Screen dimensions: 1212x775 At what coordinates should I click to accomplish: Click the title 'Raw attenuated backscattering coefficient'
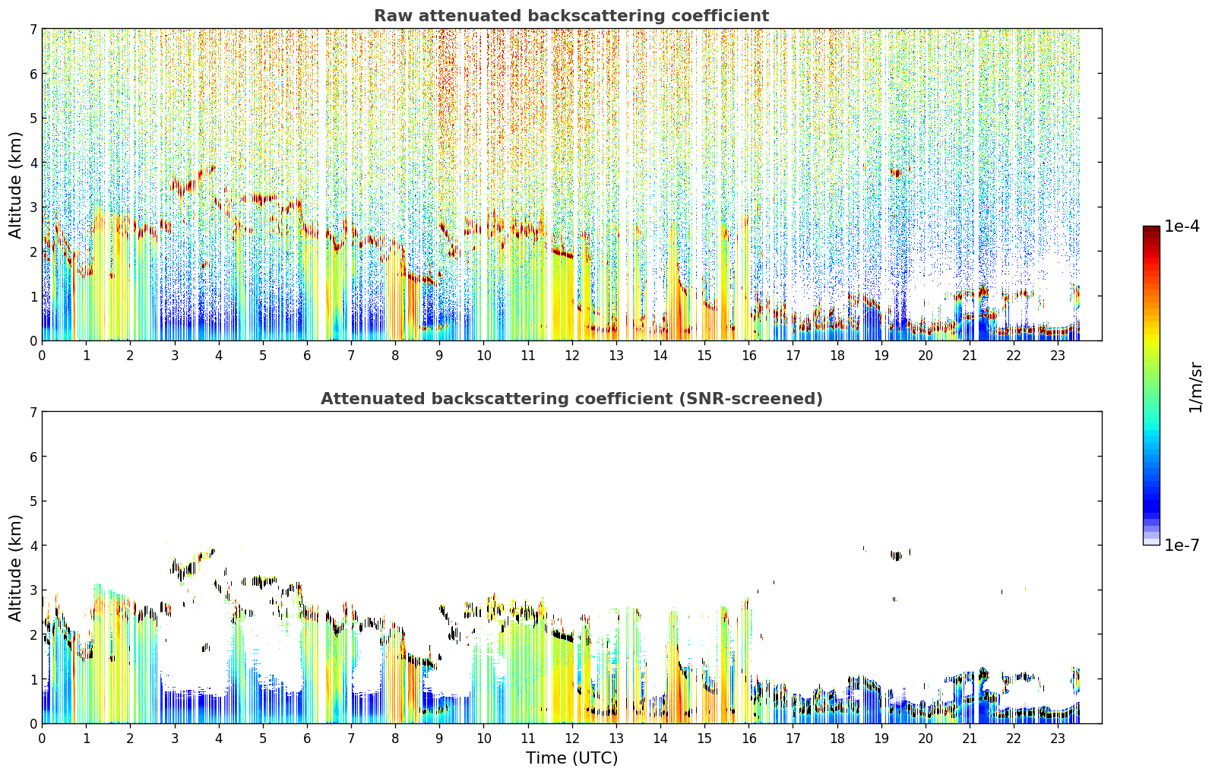coord(571,16)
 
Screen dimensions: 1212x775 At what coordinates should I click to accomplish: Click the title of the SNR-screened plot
coord(571,399)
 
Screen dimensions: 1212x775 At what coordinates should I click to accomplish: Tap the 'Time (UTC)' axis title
coord(571,758)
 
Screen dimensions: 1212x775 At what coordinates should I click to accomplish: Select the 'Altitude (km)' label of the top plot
coord(15,185)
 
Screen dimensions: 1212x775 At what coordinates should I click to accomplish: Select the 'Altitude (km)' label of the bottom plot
coord(15,568)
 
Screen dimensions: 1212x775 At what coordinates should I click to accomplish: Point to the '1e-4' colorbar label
coord(1182,226)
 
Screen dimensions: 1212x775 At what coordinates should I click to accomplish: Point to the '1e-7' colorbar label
coord(1182,545)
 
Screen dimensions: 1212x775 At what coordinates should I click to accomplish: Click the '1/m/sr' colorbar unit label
coord(1195,387)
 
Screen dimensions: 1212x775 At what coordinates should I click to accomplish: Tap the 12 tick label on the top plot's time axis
coord(572,356)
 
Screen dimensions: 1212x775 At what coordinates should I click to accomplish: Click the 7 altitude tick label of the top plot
coord(33,29)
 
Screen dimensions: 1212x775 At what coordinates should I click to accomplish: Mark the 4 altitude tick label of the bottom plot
coord(33,546)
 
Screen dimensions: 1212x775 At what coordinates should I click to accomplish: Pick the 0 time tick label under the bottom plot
coord(43,739)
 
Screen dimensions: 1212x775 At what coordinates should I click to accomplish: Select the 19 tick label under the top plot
coord(881,356)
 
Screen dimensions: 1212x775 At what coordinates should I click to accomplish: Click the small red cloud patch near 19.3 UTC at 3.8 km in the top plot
coord(897,173)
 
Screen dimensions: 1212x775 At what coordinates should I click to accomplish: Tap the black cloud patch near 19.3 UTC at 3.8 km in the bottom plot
coord(897,556)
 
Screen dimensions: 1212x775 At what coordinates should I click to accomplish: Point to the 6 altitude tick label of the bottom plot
coord(33,457)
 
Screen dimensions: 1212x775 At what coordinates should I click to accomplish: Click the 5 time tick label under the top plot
coord(263,356)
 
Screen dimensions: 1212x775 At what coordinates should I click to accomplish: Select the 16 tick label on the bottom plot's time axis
coord(748,739)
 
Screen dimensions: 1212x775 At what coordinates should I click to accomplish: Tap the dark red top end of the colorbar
coord(1151,229)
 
